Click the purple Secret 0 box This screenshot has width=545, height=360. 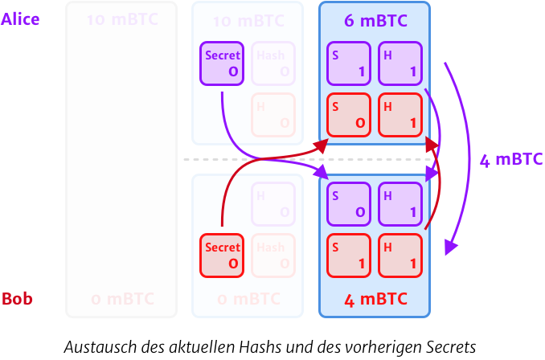click(x=223, y=63)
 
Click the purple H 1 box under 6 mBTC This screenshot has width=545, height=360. click(x=400, y=63)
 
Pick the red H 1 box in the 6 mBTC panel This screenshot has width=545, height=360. click(x=400, y=115)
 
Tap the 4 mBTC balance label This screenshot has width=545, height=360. click(x=375, y=300)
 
